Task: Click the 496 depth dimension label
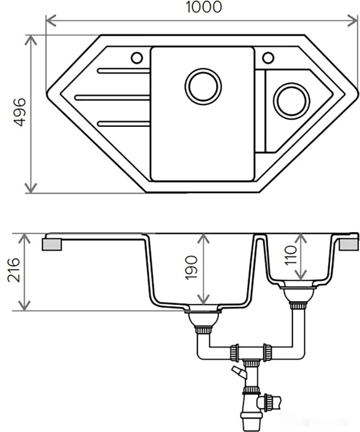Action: click(18, 112)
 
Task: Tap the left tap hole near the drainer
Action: click(136, 57)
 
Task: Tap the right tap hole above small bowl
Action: click(268, 57)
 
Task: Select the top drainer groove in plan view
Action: click(123, 71)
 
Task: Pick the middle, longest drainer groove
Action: click(112, 97)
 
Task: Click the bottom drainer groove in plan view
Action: click(124, 124)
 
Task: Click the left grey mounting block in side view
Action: click(53, 244)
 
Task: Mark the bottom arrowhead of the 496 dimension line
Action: click(31, 187)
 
